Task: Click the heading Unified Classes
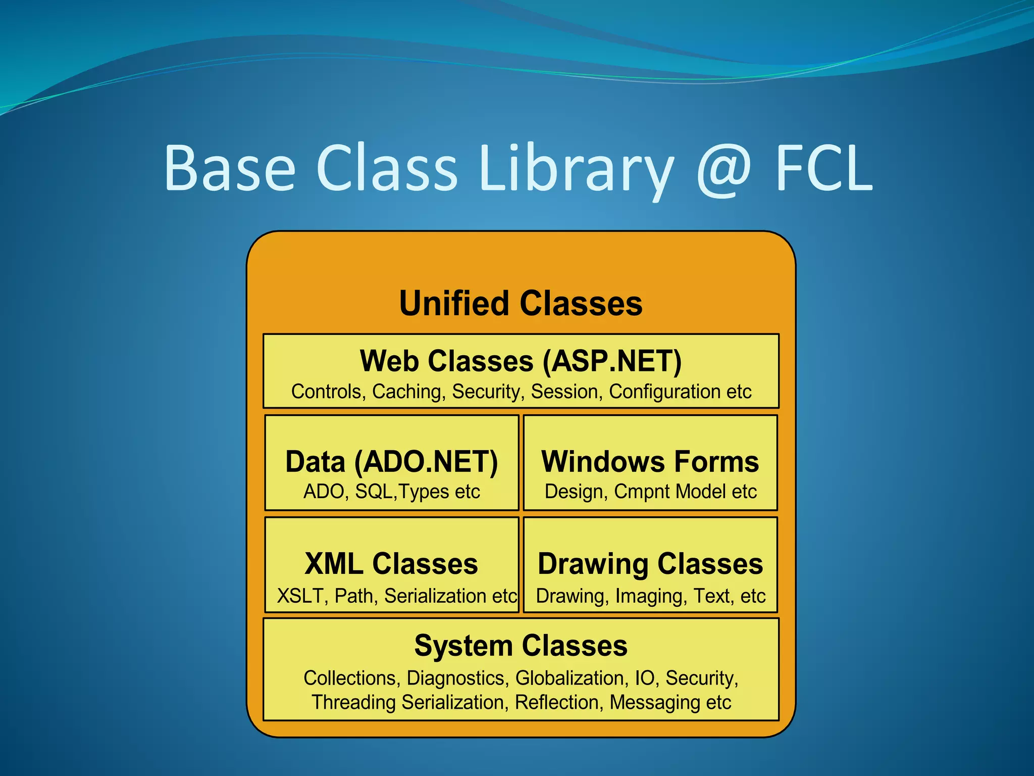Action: pyautogui.click(x=521, y=304)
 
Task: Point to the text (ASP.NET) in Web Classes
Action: pyautogui.click(x=612, y=362)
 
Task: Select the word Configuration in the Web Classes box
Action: pyautogui.click(x=664, y=392)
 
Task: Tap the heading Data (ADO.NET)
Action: pyautogui.click(x=391, y=462)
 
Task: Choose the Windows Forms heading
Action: pyautogui.click(x=650, y=462)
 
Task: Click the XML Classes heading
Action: pyautogui.click(x=391, y=564)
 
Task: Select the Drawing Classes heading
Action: pyautogui.click(x=650, y=564)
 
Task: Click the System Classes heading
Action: pyautogui.click(x=521, y=646)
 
